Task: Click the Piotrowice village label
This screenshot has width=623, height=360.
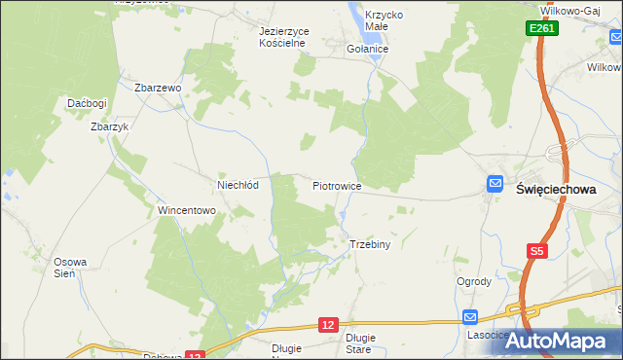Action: tap(337, 185)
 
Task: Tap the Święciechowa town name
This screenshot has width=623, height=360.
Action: tap(554, 190)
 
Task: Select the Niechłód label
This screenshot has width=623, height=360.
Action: tap(238, 185)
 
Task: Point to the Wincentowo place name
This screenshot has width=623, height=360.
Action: tap(186, 210)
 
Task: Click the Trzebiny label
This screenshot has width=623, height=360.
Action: tap(369, 244)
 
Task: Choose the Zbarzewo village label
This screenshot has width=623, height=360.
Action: tap(159, 88)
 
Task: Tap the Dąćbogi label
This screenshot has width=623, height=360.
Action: tap(86, 103)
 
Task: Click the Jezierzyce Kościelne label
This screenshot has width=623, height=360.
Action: tap(283, 37)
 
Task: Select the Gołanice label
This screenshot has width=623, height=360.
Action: tap(368, 48)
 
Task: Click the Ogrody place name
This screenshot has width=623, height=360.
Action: tap(473, 282)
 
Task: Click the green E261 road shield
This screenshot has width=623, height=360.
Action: tap(543, 30)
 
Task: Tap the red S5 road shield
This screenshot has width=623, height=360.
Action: tap(536, 251)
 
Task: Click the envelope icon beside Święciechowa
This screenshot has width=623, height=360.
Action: tap(495, 183)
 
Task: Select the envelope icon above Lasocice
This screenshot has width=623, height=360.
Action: tap(470, 316)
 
